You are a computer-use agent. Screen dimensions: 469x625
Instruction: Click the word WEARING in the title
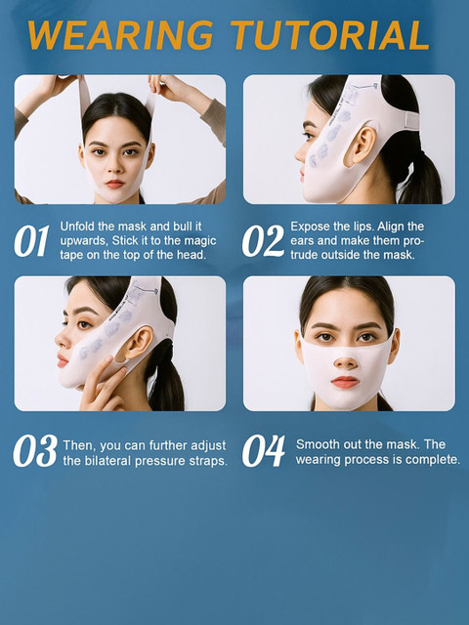(120, 35)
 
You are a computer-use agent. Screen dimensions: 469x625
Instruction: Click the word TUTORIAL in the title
(330, 35)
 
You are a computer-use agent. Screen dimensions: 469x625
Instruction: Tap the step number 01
(31, 241)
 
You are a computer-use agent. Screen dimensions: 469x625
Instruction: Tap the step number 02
(263, 241)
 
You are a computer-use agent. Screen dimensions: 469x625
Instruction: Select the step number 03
(35, 451)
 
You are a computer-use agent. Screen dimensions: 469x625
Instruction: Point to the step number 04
(264, 451)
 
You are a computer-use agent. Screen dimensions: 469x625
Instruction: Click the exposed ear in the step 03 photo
(138, 343)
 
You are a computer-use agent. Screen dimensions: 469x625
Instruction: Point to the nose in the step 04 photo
(345, 360)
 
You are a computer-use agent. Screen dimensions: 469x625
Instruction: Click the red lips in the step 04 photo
(345, 382)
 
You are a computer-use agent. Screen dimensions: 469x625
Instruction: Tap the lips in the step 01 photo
(115, 184)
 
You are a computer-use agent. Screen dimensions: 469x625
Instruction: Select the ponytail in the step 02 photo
(421, 176)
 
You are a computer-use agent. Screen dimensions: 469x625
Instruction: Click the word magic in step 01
(201, 241)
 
